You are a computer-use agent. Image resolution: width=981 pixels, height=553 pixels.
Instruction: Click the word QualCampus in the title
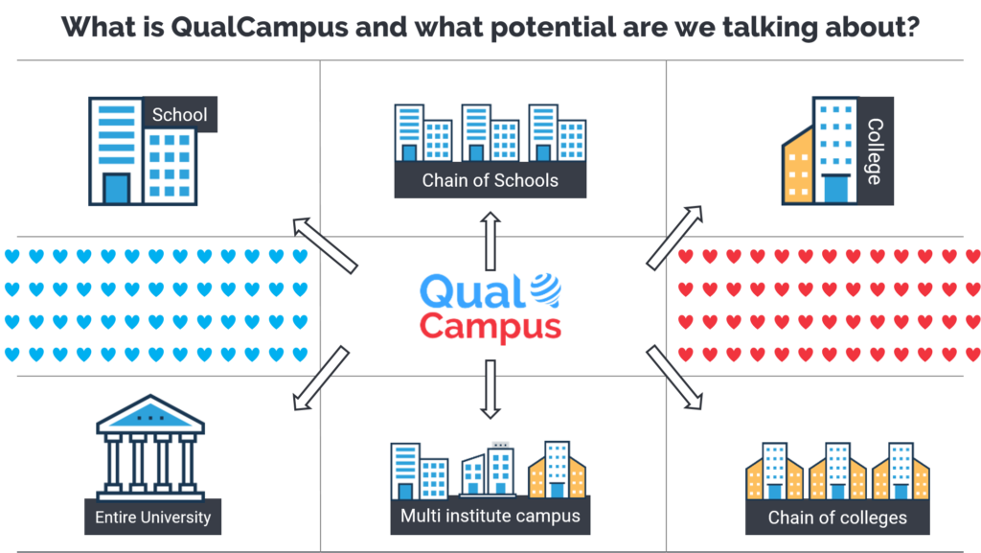[247, 26]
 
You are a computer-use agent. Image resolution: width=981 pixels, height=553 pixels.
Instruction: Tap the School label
[179, 115]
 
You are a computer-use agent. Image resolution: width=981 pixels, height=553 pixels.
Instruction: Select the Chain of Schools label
[490, 180]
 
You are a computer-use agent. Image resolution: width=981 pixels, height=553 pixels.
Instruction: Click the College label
[874, 150]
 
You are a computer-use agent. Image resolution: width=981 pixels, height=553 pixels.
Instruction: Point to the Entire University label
[152, 518]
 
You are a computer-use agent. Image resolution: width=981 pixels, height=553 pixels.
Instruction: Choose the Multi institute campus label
[490, 516]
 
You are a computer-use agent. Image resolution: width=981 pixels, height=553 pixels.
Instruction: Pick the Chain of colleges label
[837, 518]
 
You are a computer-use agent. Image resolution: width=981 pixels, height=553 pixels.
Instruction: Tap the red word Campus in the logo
[490, 326]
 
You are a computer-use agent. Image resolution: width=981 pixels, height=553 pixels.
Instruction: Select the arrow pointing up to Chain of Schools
[490, 242]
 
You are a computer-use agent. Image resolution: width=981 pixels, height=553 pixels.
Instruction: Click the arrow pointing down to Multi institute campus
[490, 389]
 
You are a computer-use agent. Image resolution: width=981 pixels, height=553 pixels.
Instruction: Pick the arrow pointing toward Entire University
[322, 380]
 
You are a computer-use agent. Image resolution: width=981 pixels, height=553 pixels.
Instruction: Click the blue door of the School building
[116, 188]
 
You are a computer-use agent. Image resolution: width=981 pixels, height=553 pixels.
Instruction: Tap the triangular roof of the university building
[152, 414]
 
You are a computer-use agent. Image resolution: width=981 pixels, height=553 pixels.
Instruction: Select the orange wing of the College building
[797, 169]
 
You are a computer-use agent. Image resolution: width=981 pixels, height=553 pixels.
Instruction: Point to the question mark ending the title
[913, 26]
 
